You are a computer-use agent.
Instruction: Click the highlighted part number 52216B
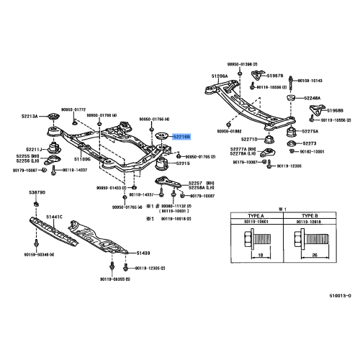181,136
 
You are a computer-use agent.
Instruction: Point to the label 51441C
55,217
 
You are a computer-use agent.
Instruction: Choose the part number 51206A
220,75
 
